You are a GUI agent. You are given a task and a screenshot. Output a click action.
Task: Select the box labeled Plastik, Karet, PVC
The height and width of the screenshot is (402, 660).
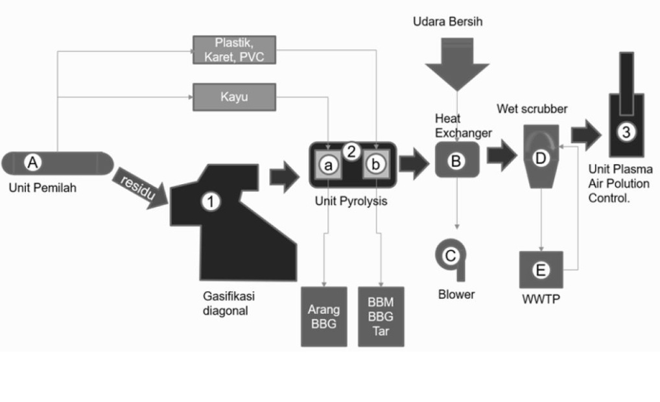(235, 50)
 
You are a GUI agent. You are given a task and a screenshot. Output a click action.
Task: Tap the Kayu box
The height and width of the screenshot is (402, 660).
(235, 98)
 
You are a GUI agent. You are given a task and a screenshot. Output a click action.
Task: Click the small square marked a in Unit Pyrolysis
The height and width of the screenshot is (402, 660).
(328, 166)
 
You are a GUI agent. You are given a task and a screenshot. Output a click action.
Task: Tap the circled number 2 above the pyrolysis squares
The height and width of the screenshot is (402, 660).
(351, 152)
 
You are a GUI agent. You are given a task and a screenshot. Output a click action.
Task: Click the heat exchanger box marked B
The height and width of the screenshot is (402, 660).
(456, 160)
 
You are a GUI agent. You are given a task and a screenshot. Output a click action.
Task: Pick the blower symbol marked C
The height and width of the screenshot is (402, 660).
(450, 257)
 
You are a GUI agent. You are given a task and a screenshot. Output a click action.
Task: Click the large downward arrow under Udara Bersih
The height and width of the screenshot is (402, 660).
(456, 62)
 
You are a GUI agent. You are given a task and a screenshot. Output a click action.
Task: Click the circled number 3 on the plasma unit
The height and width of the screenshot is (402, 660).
(625, 132)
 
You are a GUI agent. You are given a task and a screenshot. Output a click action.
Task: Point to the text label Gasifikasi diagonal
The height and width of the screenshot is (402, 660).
(229, 303)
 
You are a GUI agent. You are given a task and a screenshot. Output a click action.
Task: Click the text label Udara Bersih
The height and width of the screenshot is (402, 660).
(447, 23)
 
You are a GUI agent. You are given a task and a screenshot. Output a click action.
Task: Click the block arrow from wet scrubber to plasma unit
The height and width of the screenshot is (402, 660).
(587, 134)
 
